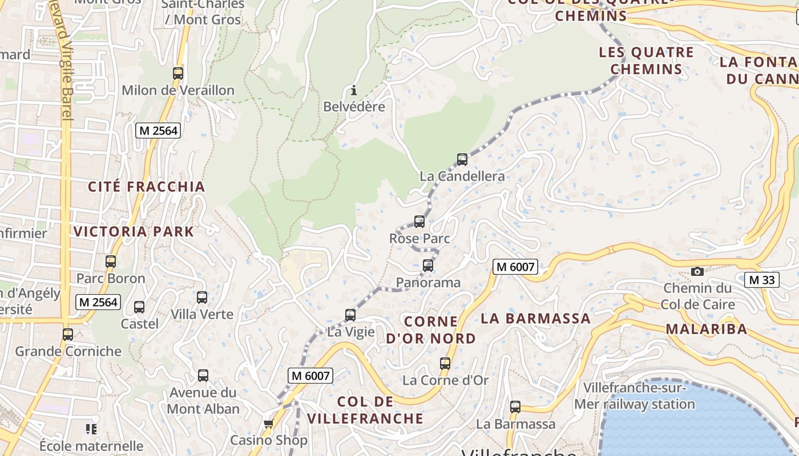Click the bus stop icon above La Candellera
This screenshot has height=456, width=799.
(462, 160)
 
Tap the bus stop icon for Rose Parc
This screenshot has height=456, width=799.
(419, 222)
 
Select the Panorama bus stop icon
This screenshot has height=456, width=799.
(428, 266)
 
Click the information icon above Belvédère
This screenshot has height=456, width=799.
(354, 90)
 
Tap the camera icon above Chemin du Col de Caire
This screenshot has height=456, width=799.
(697, 271)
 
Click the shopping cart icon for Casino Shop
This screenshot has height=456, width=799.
(268, 424)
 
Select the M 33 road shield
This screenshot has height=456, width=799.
(762, 280)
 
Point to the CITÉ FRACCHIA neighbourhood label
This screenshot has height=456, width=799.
(147, 186)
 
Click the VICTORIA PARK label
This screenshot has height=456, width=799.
(134, 231)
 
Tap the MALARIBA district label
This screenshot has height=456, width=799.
(706, 329)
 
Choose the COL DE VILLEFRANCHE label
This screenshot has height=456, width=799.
(365, 410)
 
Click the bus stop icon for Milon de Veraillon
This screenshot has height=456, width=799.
(178, 74)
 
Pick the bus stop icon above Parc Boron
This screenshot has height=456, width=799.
(111, 262)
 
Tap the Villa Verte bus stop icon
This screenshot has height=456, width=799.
(202, 298)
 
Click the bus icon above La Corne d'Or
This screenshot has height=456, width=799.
(445, 363)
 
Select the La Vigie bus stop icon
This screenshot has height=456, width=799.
(350, 315)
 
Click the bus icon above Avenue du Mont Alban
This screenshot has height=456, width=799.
(203, 376)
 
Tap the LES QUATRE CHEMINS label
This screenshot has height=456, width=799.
(646, 61)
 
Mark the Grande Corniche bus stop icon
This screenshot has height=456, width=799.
(68, 335)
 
